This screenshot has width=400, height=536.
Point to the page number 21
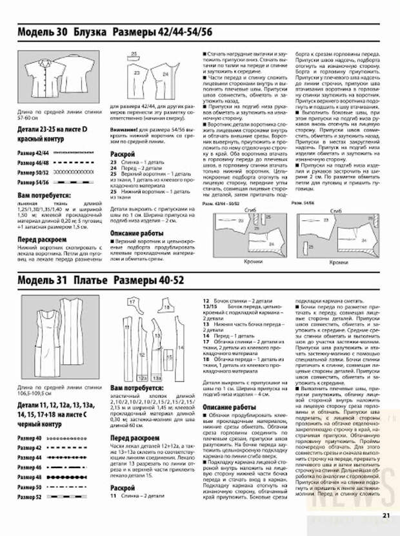(x=386, y=515)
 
